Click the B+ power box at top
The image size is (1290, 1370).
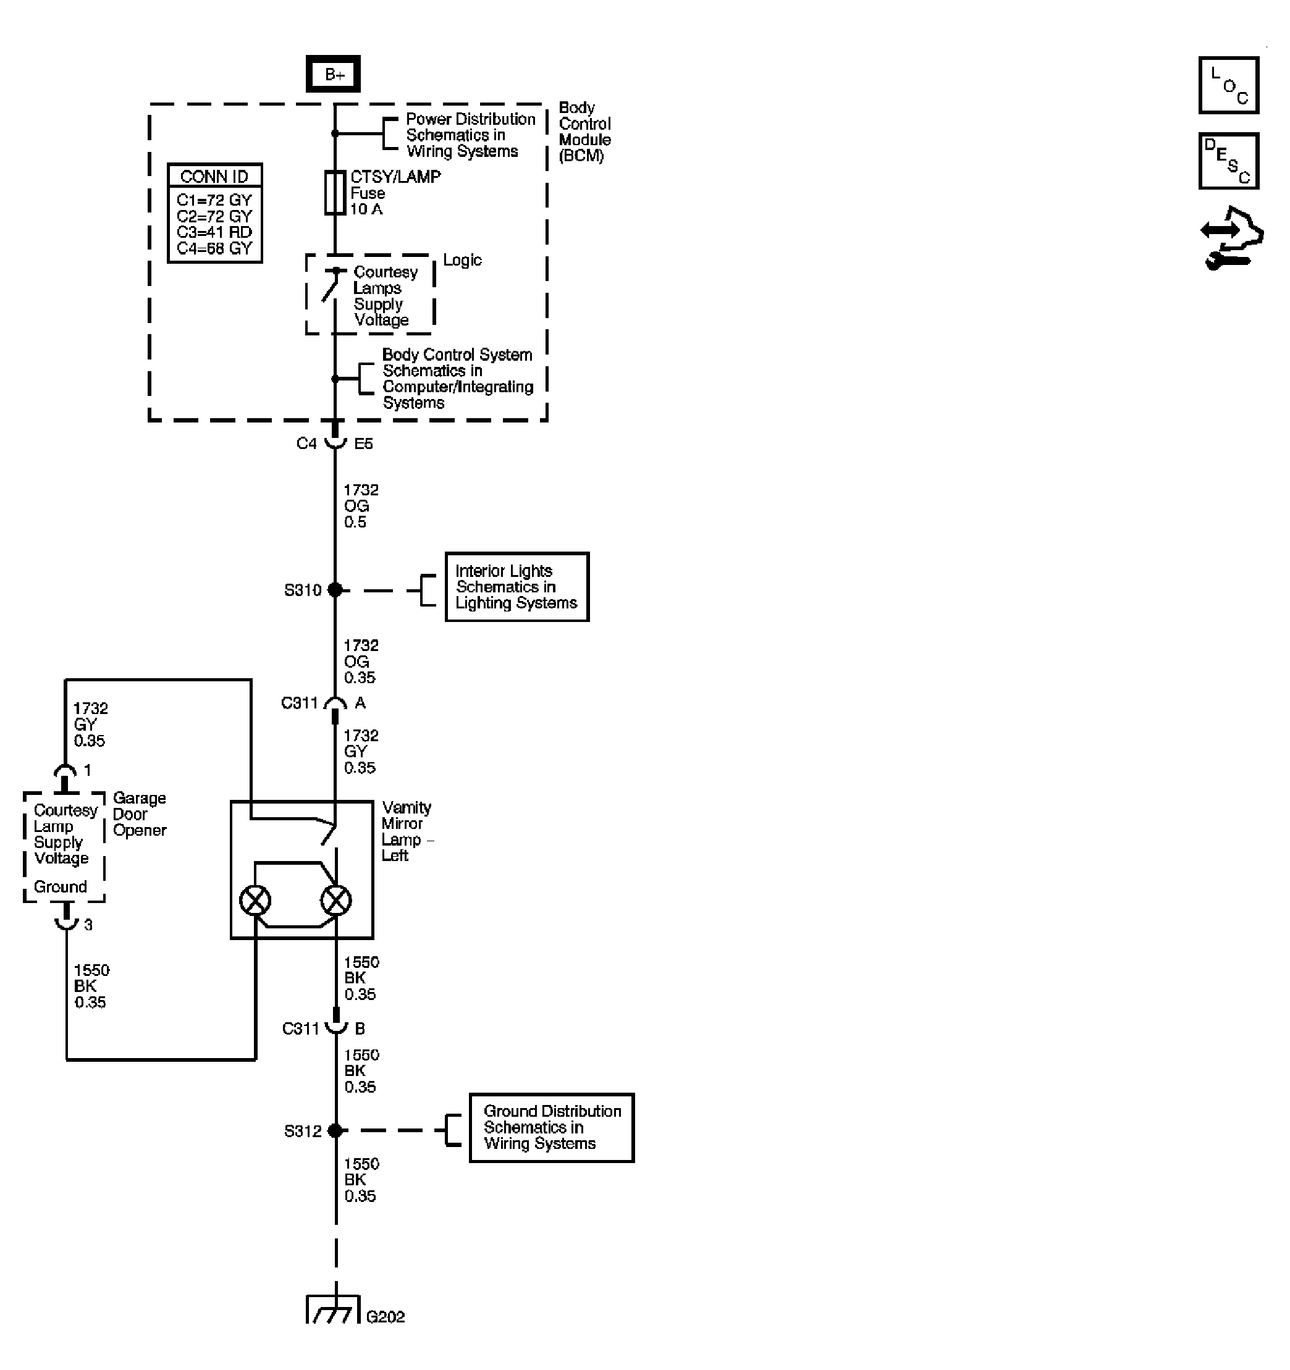point(333,74)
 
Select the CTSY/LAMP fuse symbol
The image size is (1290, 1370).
point(335,193)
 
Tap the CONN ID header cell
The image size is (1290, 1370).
point(214,177)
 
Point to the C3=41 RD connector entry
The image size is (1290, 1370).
point(214,232)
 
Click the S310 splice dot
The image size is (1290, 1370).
point(335,590)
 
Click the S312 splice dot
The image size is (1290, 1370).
point(335,1131)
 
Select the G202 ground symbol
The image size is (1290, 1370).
point(334,1311)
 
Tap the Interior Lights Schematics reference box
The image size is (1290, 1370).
point(516,587)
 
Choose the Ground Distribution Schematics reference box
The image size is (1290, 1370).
point(551,1127)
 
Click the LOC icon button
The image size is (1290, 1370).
point(1229,85)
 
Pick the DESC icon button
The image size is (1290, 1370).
point(1229,161)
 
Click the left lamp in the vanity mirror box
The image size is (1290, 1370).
point(255,901)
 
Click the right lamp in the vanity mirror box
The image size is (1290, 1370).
point(335,901)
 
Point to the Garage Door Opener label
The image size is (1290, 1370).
point(139,814)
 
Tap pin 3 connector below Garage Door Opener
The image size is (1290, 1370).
point(66,919)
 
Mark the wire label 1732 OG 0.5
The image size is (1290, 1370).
point(361,506)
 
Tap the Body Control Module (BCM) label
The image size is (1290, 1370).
point(584,132)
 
